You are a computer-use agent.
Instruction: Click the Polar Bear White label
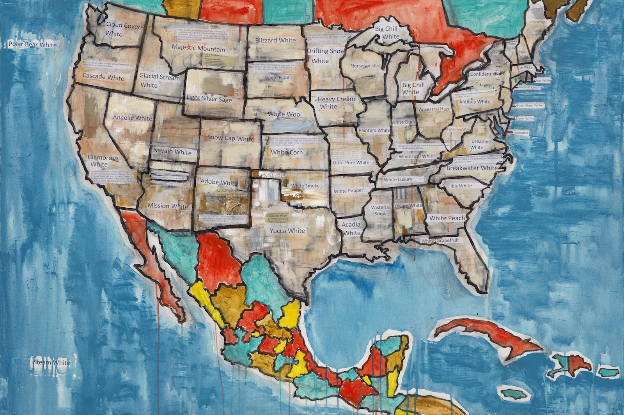pyautogui.click(x=33, y=44)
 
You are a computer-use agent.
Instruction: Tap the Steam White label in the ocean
pyautogui.click(x=51, y=362)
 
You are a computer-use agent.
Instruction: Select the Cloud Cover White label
pyautogui.click(x=122, y=29)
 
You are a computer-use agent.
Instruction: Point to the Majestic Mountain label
pyautogui.click(x=198, y=48)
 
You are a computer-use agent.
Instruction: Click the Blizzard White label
pyautogui.click(x=275, y=40)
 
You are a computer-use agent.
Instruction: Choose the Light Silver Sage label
pyautogui.click(x=209, y=98)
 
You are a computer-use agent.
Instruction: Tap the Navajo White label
pyautogui.click(x=172, y=151)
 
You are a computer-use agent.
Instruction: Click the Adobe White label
pyautogui.click(x=219, y=182)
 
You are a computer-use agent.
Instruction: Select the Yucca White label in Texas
pyautogui.click(x=287, y=231)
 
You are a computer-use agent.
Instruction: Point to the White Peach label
pyautogui.click(x=447, y=218)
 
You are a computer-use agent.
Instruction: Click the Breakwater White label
pyautogui.click(x=472, y=168)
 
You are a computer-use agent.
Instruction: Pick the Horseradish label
pyautogui.click(x=364, y=66)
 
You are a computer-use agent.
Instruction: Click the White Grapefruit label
pyautogui.click(x=440, y=241)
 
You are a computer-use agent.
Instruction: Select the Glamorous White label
pyautogui.click(x=103, y=161)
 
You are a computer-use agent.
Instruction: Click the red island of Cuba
pyautogui.click(x=487, y=334)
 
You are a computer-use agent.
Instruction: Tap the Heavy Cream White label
pyautogui.click(x=336, y=103)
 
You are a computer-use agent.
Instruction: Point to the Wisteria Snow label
pyautogui.click(x=380, y=210)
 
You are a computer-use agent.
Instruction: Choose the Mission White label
pyautogui.click(x=168, y=206)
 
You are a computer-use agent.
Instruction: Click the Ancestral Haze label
pyautogui.click(x=434, y=109)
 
